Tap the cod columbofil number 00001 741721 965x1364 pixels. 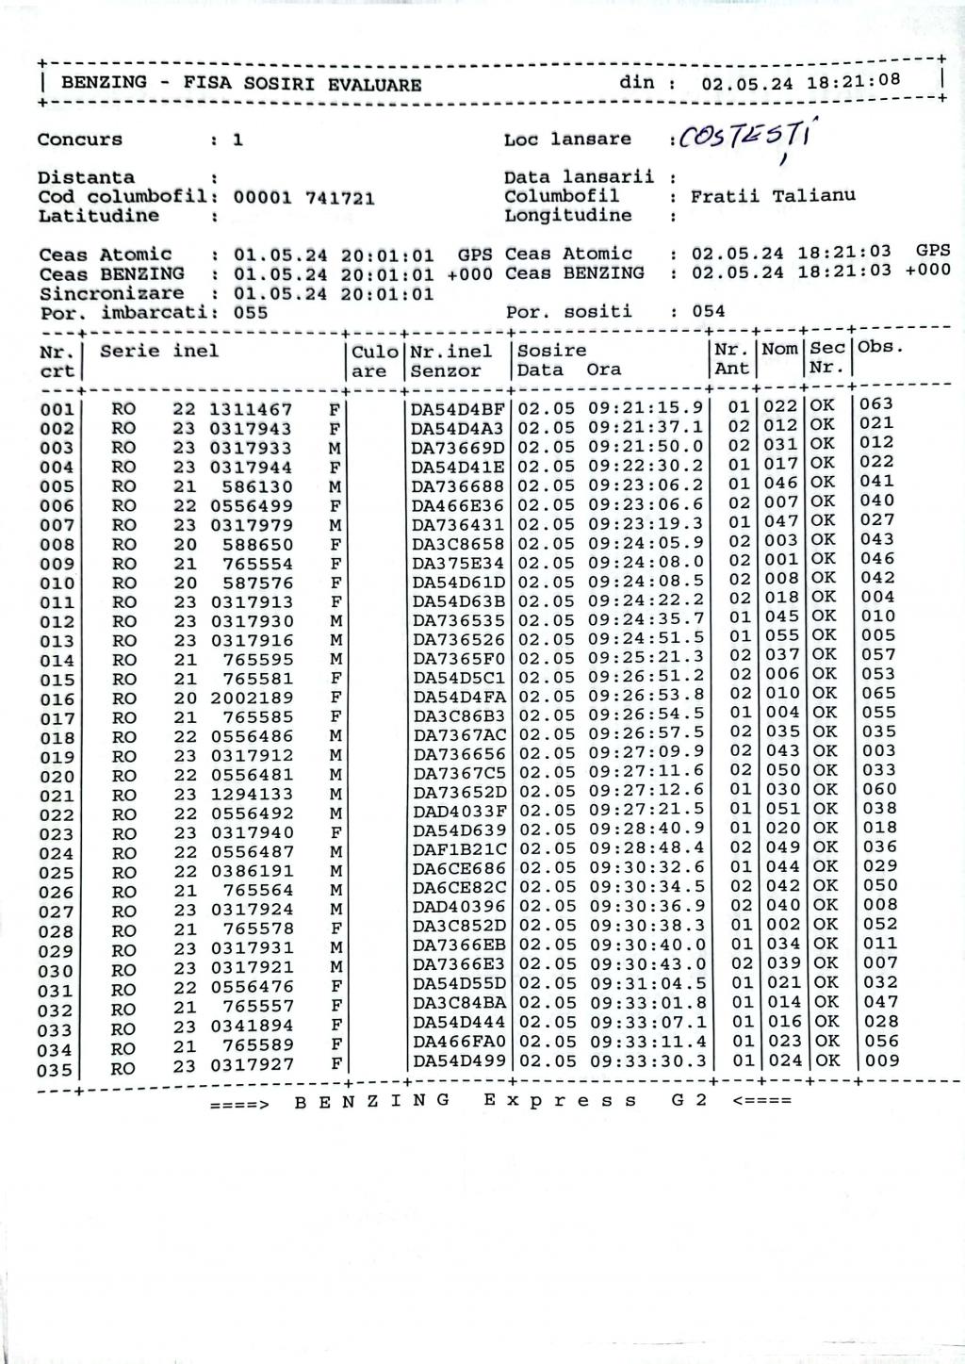click(x=303, y=198)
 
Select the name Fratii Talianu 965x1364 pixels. click(x=773, y=196)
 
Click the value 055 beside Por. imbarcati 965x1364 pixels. click(x=251, y=313)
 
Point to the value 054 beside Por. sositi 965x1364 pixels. click(x=709, y=311)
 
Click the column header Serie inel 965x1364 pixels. click(x=159, y=352)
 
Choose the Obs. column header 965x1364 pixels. click(x=881, y=347)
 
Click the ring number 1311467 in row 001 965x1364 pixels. click(x=251, y=410)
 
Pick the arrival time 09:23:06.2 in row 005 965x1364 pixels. click(x=646, y=485)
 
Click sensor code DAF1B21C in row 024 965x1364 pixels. click(x=460, y=850)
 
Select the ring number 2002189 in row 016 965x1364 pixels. click(x=251, y=698)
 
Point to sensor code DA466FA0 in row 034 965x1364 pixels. click(x=460, y=1043)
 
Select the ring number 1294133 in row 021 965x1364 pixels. click(x=251, y=795)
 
